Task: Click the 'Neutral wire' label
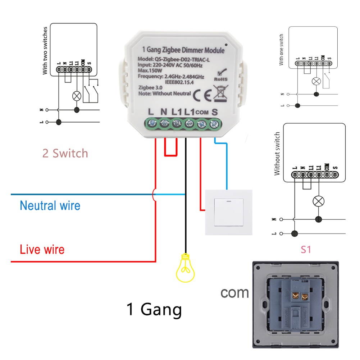pos(50,206)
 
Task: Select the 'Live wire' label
pos(42,249)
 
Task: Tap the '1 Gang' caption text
pos(154,309)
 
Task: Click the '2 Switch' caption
pos(65,154)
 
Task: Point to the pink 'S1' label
pos(305,249)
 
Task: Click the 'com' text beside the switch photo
pos(234,292)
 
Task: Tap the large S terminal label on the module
pos(215,112)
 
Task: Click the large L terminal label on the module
pos(151,112)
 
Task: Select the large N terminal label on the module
pos(164,112)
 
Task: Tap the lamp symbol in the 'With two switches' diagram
pos(76,96)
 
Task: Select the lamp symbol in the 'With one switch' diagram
pos(316,81)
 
